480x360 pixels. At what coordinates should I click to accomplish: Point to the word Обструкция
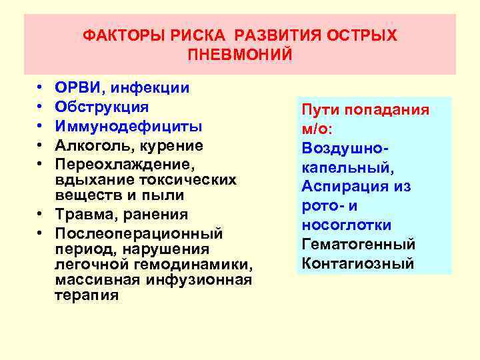[x=102, y=107]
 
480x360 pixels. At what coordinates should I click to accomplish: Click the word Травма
[x=83, y=215]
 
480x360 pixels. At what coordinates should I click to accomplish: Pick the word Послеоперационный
[x=138, y=234]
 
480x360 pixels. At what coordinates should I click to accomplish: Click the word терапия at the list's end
[x=86, y=295]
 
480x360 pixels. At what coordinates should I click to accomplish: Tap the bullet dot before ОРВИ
[x=39, y=88]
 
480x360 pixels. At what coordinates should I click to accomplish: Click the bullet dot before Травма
[x=39, y=215]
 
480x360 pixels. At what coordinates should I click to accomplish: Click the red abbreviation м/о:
[x=319, y=129]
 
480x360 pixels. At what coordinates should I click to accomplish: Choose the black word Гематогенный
[x=358, y=244]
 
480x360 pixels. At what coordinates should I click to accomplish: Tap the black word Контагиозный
[x=357, y=263]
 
